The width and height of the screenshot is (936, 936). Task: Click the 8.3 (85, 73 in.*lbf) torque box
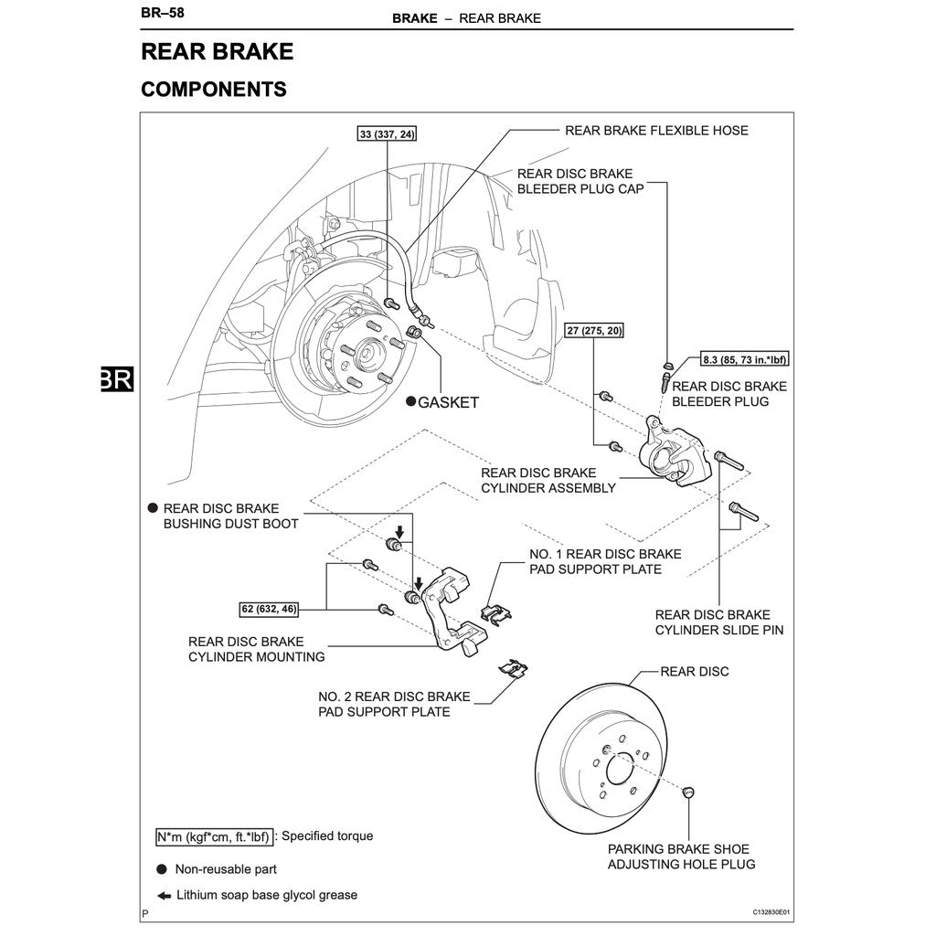click(744, 359)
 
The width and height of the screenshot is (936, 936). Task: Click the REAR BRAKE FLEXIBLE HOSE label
click(656, 131)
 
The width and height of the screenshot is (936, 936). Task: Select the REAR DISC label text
click(695, 672)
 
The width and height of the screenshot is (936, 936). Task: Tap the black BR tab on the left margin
click(117, 379)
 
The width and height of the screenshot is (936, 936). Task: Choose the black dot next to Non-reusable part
click(162, 869)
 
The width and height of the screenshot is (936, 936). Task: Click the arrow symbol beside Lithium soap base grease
click(163, 896)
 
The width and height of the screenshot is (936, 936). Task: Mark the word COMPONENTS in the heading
click(214, 90)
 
